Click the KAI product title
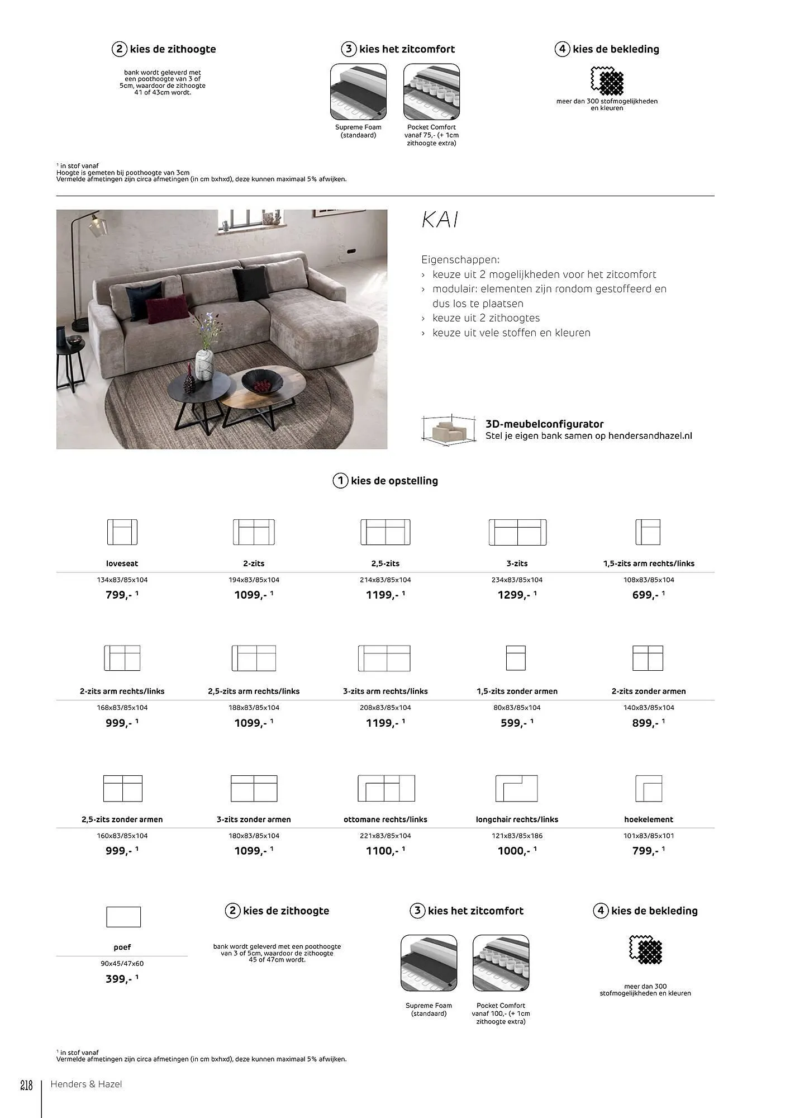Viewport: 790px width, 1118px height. (440, 220)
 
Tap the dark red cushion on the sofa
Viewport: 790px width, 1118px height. (167, 309)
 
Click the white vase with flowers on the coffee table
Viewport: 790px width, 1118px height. (204, 364)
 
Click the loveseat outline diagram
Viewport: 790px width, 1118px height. (122, 532)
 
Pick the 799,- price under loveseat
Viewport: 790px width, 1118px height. (119, 595)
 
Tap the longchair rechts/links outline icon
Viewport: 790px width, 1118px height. (517, 788)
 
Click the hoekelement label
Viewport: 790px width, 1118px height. (648, 819)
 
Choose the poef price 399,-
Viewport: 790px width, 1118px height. (119, 979)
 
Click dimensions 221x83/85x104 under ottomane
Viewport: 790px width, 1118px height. (385, 836)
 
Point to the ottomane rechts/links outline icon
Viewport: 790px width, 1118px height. (386, 788)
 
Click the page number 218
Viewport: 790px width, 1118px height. (26, 1086)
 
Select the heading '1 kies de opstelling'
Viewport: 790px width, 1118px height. (386, 481)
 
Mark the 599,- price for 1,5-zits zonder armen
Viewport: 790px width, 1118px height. (514, 723)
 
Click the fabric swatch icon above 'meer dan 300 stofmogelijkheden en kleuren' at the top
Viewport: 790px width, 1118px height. (607, 81)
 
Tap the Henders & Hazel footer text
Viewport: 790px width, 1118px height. (86, 1084)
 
